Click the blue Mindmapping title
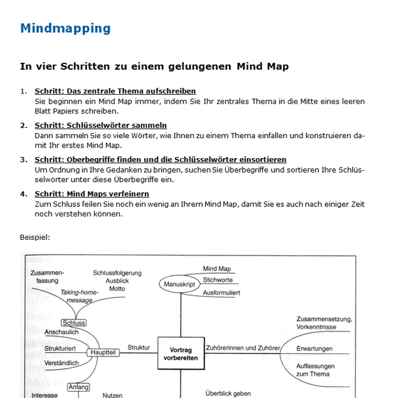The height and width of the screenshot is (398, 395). click(x=65, y=28)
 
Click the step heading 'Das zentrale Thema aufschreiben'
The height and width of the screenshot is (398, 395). click(x=115, y=91)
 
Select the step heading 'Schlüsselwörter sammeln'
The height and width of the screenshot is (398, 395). click(x=100, y=126)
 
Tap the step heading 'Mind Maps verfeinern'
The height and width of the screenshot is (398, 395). click(x=92, y=194)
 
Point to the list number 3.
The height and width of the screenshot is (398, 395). click(x=23, y=160)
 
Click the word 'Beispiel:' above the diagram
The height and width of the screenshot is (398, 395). click(x=35, y=237)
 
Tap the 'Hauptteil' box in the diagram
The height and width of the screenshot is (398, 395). click(x=103, y=353)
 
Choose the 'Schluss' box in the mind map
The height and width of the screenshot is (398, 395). click(x=74, y=323)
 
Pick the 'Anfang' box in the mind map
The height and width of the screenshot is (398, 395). click(x=78, y=387)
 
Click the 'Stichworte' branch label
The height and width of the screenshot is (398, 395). click(x=218, y=280)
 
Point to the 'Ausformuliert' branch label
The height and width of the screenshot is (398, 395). click(x=221, y=293)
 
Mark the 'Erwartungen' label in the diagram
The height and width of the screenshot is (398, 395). click(x=314, y=348)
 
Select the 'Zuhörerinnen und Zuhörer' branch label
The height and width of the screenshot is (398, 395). click(x=243, y=348)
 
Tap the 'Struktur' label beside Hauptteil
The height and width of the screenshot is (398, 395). click(x=139, y=347)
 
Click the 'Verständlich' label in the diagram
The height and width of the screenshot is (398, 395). click(x=61, y=363)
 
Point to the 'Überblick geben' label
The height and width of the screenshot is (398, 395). click(x=228, y=394)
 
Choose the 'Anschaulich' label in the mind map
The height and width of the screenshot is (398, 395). click(x=61, y=332)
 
